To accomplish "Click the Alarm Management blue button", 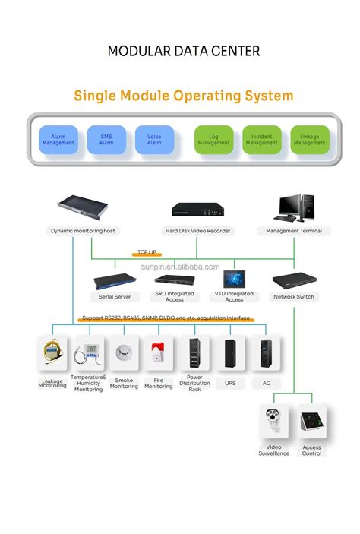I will click(58, 140).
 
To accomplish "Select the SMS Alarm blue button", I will click(106, 140).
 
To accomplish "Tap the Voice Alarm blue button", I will click(154, 140).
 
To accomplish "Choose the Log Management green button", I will click(213, 140).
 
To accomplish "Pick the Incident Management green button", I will click(262, 140).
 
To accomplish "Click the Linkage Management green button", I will click(309, 140).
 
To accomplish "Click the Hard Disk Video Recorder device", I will click(198, 210).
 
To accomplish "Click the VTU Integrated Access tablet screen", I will click(234, 276).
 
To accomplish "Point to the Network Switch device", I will click(294, 280).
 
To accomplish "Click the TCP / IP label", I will click(147, 252).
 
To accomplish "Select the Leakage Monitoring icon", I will click(52, 353).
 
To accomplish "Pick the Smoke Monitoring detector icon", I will click(124, 353).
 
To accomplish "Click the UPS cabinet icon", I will click(230, 353).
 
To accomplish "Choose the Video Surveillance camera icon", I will click(273, 422).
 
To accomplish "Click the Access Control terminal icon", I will click(311, 422).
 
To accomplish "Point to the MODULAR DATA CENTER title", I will click(184, 52).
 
